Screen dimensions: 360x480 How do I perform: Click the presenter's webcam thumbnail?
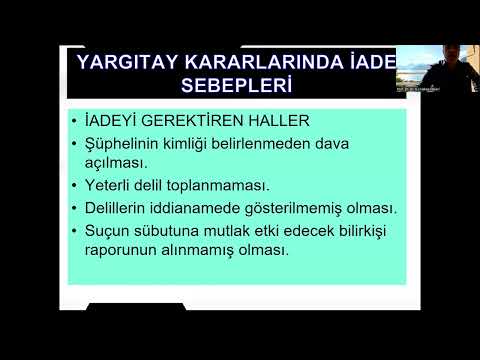pos(437,69)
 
